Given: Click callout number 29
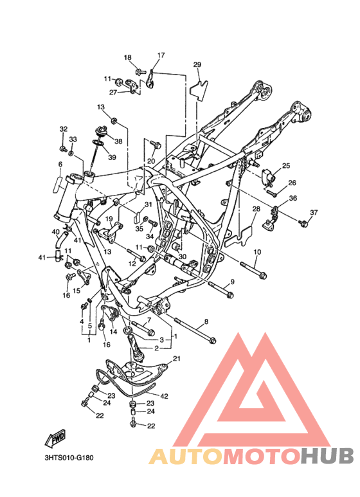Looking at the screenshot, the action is (197, 65).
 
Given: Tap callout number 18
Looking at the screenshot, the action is (127, 57).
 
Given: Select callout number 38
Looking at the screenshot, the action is (118, 141).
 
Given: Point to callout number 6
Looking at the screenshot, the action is (60, 164).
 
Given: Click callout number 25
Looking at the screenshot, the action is (286, 165).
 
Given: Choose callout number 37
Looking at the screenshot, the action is (314, 212).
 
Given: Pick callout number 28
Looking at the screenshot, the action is (256, 209).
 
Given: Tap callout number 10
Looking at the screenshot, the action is (257, 252).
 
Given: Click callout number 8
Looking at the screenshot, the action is (206, 322).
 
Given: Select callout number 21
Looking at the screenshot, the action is (177, 359).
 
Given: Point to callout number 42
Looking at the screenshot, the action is (164, 396).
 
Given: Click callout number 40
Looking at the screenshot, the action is (55, 232).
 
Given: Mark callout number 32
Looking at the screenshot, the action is (64, 129).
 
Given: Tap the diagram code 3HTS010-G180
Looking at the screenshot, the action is (69, 458).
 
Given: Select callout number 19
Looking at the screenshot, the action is (109, 219).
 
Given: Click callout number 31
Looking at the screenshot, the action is (148, 204).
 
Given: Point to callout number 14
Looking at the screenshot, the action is (113, 332).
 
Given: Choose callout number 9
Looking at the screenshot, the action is (232, 282).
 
